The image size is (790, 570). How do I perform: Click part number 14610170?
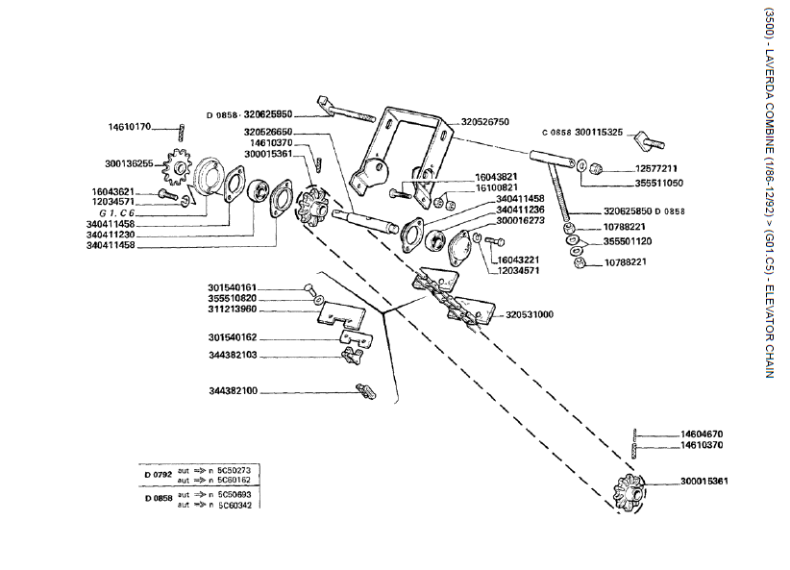pos(129,127)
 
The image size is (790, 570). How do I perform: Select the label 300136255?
pos(127,163)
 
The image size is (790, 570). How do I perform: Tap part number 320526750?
pos(485,122)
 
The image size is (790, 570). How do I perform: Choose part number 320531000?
pos(530,313)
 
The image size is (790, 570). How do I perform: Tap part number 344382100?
pos(232,391)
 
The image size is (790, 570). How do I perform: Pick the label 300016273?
pos(520,220)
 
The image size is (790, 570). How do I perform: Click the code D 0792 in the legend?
pos(159,475)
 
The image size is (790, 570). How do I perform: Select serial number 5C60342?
pos(234,505)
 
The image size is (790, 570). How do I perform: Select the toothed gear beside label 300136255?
pos(175,170)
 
